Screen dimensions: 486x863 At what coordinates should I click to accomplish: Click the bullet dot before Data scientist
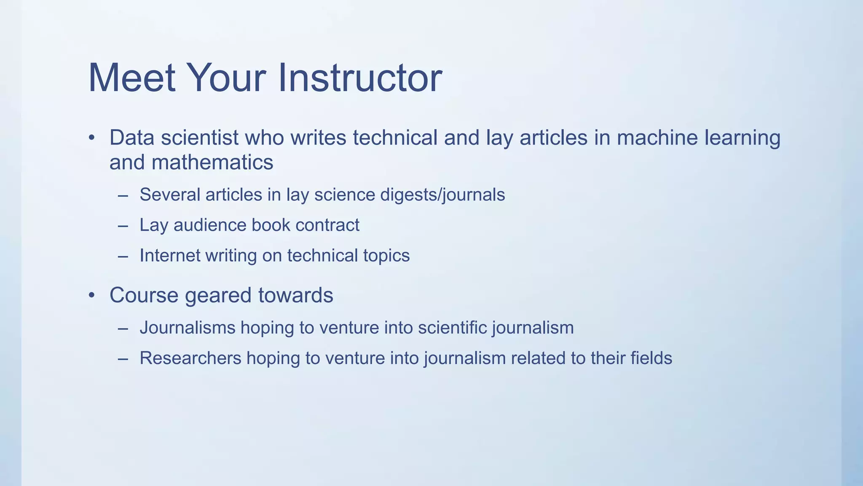tap(92, 138)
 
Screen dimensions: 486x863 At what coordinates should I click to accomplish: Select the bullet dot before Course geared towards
tap(92, 295)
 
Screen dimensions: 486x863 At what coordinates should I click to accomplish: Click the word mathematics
tap(212, 162)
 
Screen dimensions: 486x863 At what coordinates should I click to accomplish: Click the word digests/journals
tap(442, 195)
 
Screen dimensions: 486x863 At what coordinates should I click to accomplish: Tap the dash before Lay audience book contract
tap(123, 226)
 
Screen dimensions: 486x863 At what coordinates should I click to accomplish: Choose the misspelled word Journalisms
tap(187, 328)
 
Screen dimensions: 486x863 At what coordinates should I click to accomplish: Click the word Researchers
tap(190, 358)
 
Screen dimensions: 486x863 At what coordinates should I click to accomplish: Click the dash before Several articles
tap(123, 195)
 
